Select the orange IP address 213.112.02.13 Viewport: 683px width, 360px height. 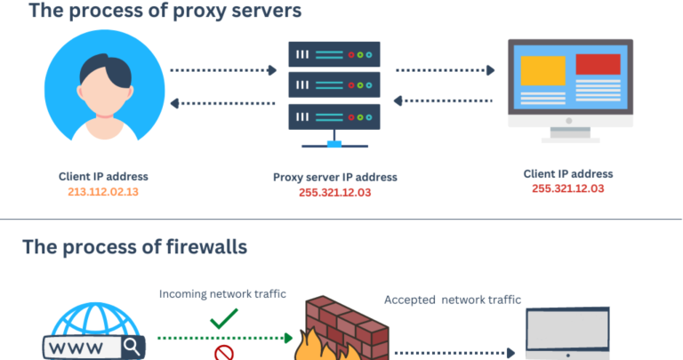tap(103, 191)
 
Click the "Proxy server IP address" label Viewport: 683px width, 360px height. tap(334, 177)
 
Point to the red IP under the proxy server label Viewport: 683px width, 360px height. tap(334, 193)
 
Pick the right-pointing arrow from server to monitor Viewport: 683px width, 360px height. tap(445, 68)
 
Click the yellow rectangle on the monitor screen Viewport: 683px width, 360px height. tap(542, 68)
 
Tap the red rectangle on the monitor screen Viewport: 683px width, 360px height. tap(598, 64)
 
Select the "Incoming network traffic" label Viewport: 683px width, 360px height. tap(222, 293)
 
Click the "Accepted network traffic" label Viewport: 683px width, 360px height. tap(453, 300)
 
